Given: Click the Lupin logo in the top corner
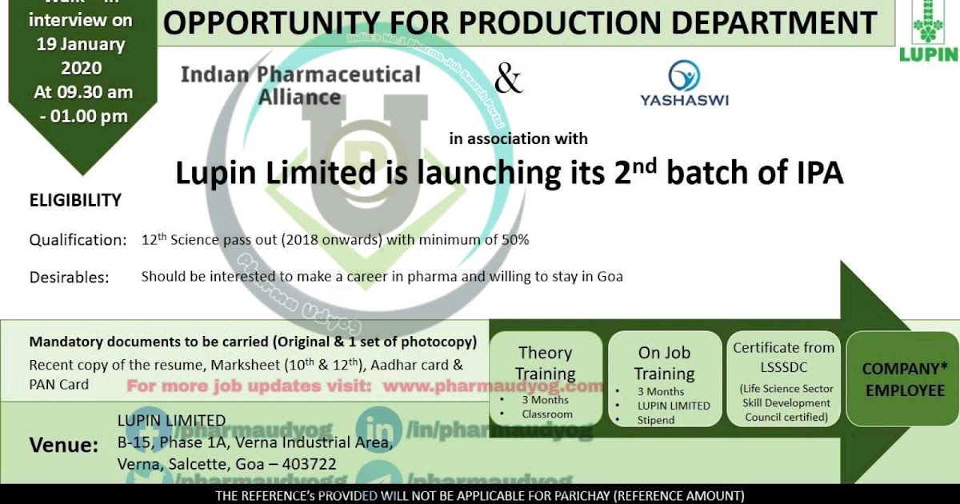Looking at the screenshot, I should (x=928, y=32).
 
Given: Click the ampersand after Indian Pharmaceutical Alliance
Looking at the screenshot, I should (x=508, y=80).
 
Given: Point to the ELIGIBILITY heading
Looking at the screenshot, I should (x=75, y=200).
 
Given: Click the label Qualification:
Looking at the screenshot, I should (x=78, y=240).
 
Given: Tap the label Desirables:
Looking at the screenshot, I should (x=69, y=278).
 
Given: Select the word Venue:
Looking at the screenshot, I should (x=64, y=446).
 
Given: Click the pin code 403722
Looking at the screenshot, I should (x=307, y=464).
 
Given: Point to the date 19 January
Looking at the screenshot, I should (x=80, y=45).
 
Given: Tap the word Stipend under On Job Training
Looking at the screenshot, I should (x=656, y=420).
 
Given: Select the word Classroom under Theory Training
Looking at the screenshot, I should (x=547, y=414).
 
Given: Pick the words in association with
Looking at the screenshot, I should (x=518, y=138).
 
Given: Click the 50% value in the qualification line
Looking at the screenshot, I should (x=512, y=239).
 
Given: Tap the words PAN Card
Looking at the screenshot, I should (x=58, y=384).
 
